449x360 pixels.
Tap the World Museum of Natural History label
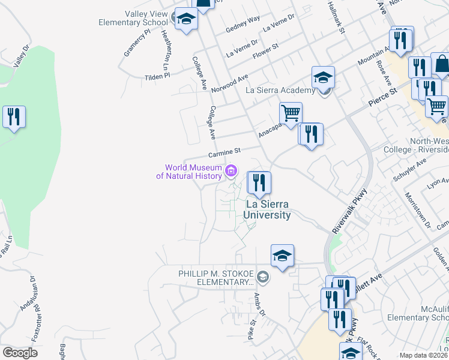pyautogui.click(x=189, y=172)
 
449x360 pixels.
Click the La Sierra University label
pyautogui.click(x=268, y=210)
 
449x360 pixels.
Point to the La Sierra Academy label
pyautogui.click(x=281, y=91)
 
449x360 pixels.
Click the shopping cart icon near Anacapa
pyautogui.click(x=291, y=113)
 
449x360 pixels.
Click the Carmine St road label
pyautogui.click(x=228, y=151)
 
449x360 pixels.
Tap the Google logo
pyautogui.click(x=20, y=353)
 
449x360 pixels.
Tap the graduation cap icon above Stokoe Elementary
pyautogui.click(x=282, y=256)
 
